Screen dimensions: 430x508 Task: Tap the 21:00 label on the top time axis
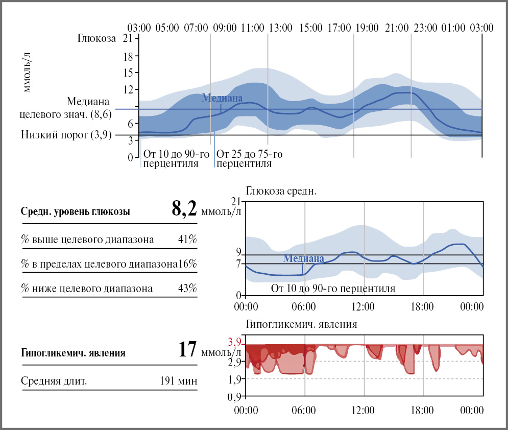[397, 28]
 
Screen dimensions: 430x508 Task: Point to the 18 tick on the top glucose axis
[128, 56]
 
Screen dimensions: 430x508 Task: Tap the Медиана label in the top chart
[222, 98]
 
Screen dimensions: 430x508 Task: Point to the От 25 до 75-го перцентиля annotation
[250, 159]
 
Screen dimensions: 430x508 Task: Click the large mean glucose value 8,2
[184, 210]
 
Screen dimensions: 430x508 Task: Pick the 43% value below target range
[187, 289]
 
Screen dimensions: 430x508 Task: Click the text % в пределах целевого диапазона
[99, 264]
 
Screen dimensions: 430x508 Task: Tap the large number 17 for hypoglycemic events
[187, 351]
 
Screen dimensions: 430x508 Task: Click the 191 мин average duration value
[178, 381]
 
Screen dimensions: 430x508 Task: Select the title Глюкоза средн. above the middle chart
[281, 192]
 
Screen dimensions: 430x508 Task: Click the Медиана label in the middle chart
[303, 258]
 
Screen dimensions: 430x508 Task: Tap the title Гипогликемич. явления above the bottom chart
[301, 324]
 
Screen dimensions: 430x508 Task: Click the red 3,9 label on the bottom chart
[234, 343]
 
